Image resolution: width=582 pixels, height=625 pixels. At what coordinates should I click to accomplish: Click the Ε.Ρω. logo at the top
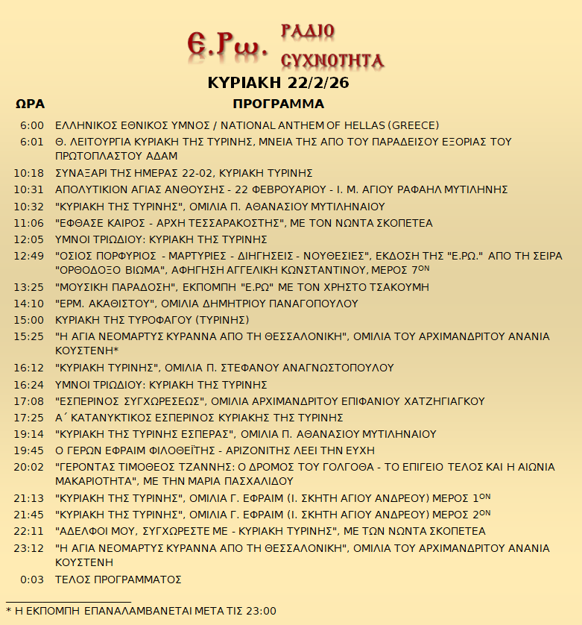[227, 45]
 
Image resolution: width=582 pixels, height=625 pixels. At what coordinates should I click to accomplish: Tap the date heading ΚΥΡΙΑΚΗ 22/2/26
[278, 83]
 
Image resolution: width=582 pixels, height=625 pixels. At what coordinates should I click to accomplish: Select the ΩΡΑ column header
[30, 104]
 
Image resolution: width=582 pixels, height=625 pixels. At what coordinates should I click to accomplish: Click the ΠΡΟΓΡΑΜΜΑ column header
[278, 104]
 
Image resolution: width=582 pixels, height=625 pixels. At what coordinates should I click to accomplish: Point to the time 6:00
[33, 125]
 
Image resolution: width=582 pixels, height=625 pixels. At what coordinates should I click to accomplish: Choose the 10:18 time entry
[30, 173]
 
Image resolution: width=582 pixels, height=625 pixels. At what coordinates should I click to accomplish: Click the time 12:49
[30, 256]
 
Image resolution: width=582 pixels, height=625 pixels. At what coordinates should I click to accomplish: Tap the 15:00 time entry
[30, 320]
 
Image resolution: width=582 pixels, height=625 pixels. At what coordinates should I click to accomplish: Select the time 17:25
[30, 418]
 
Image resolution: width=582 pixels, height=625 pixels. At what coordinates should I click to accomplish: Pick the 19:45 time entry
[30, 450]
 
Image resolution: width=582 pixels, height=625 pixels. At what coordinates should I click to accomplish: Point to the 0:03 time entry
[33, 580]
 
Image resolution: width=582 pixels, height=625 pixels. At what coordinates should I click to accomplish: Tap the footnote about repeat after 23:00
[141, 611]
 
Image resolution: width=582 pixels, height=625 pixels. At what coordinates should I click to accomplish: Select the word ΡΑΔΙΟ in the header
[307, 31]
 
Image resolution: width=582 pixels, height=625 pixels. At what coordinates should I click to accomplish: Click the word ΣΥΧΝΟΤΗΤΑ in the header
[332, 60]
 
